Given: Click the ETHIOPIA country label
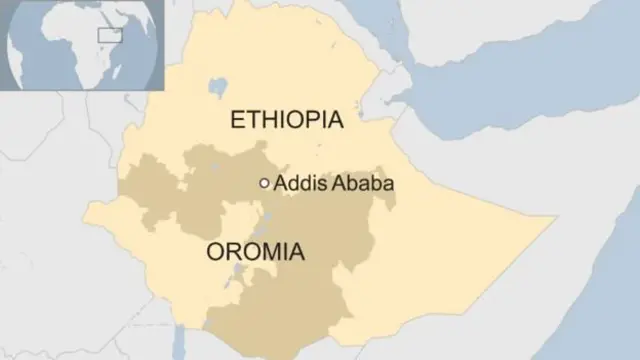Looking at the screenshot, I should (286, 120).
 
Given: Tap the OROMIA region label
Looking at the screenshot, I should (255, 252).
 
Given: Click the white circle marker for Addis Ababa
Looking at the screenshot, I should (264, 183).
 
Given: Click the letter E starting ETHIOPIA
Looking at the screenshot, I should (237, 120).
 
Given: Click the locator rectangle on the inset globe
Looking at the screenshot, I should (108, 36).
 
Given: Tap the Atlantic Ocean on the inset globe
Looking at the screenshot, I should (30, 60).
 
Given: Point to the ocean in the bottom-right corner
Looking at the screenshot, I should (600, 320).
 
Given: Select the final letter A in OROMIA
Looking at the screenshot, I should (295, 252).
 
